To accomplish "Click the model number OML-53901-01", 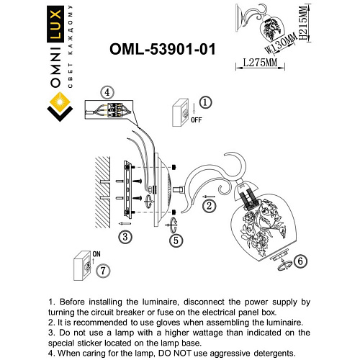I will pos(161,48).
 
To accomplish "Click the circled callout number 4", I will pos(107,92).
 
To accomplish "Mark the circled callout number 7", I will pos(104,271).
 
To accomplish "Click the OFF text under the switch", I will pos(197,120).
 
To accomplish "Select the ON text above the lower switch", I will pos(96,253).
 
